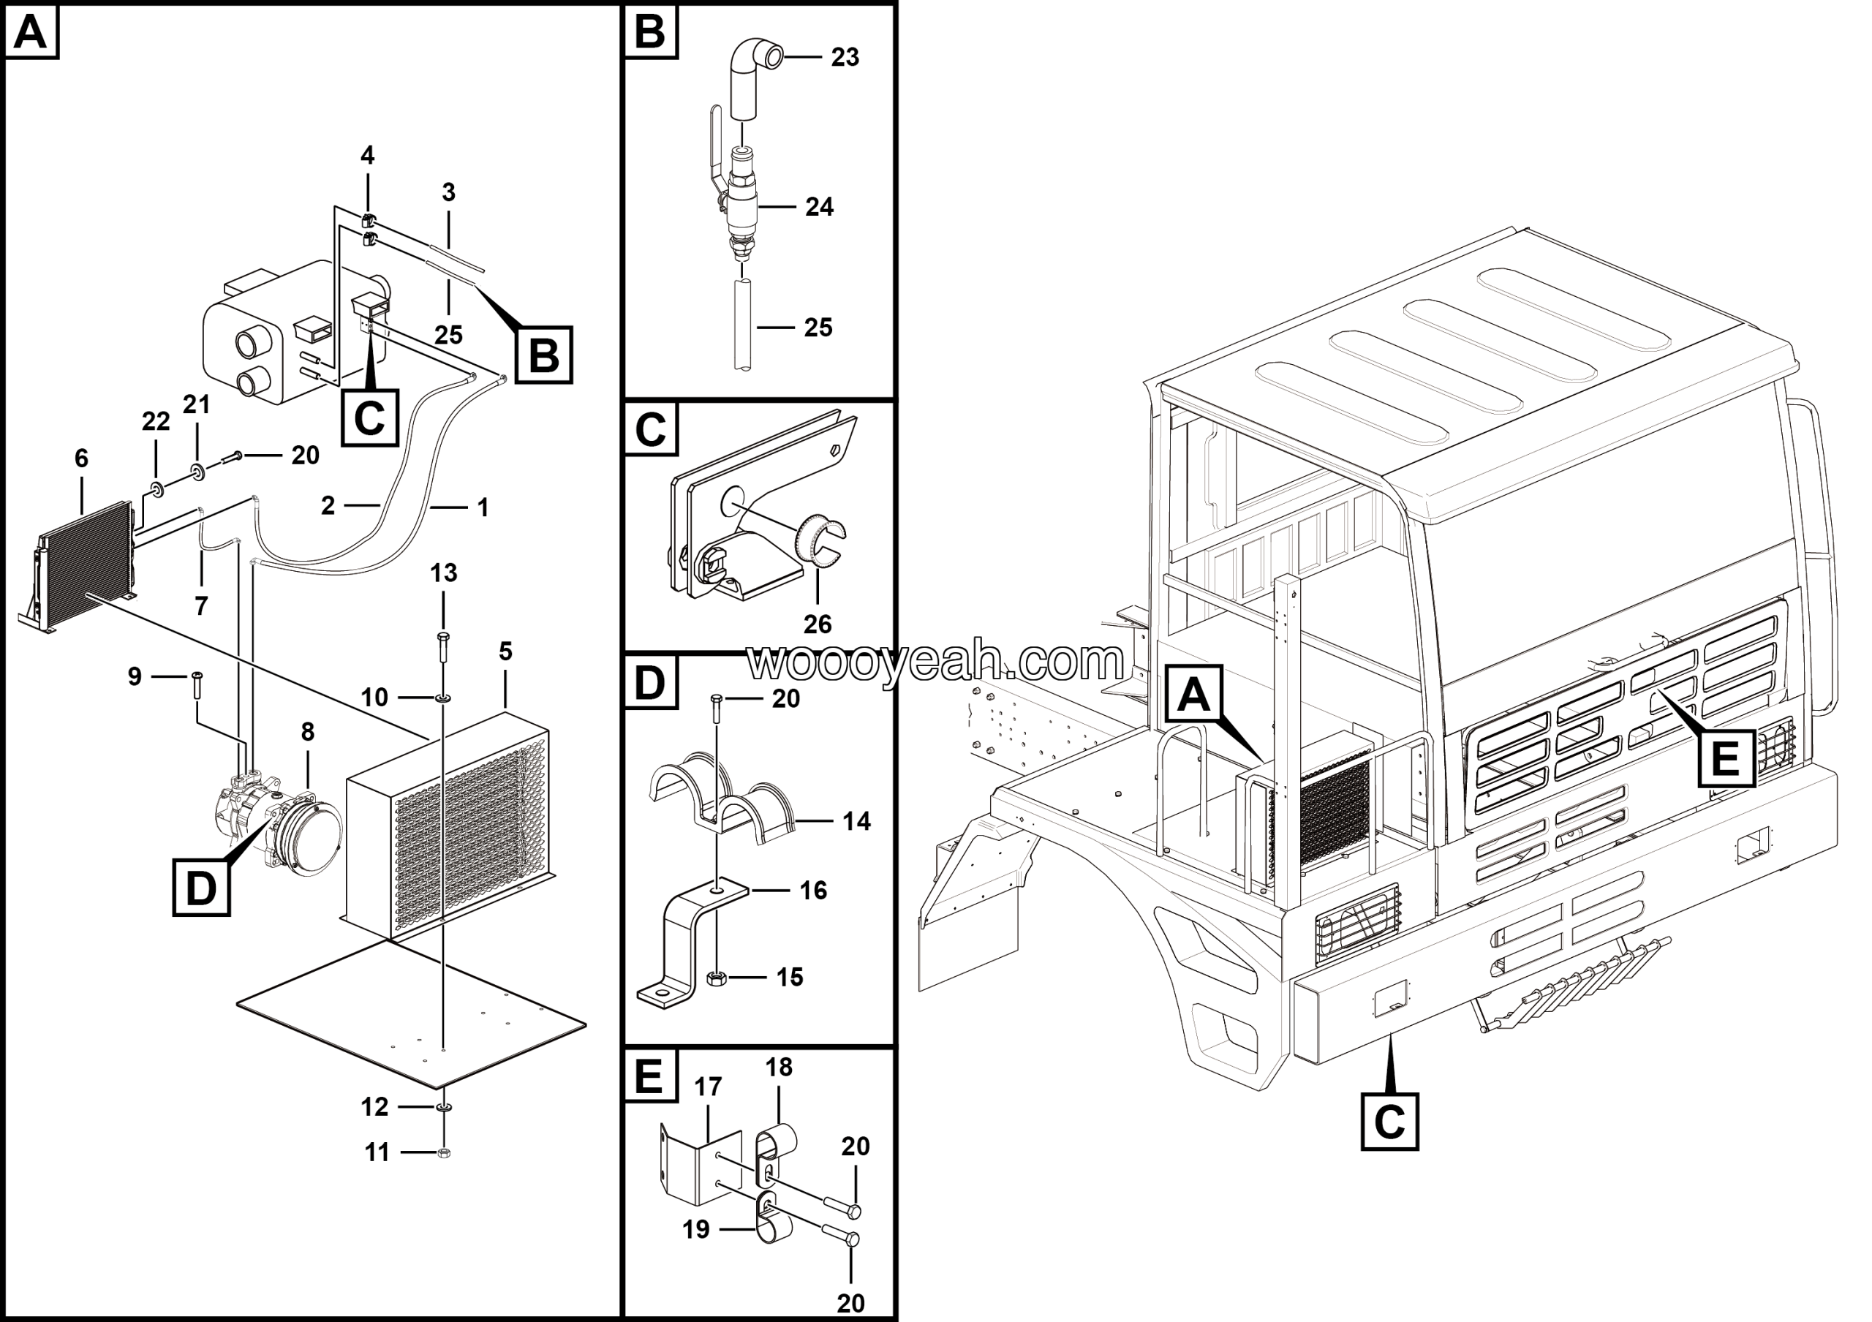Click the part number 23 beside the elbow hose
pos(845,57)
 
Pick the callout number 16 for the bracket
pos(813,890)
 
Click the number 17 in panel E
pos(708,1087)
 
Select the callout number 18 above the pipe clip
pos(779,1067)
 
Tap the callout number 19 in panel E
pos(695,1229)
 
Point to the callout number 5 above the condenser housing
pos(505,651)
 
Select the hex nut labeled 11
pos(445,1152)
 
